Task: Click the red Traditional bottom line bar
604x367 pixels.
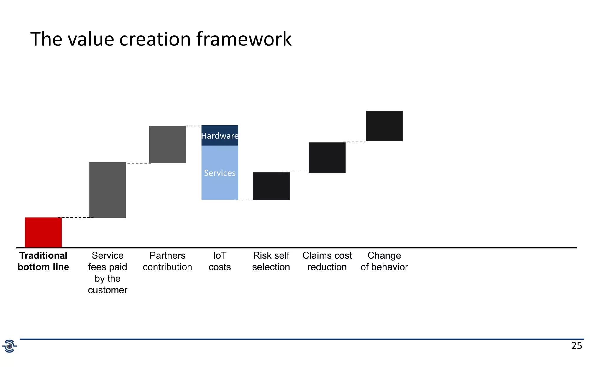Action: coord(43,232)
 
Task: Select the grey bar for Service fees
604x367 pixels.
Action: coord(108,190)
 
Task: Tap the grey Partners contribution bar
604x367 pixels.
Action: coord(167,144)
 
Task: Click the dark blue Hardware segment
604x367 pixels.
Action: coord(220,136)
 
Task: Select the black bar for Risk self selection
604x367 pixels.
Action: coord(271,186)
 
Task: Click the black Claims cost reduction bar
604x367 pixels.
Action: coord(327,157)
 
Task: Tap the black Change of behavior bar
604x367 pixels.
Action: coord(384,126)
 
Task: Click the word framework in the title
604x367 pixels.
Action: coord(244,39)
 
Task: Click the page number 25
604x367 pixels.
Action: coord(577,346)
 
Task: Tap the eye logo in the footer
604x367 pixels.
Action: coord(9,346)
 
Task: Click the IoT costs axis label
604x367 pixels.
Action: coord(220,261)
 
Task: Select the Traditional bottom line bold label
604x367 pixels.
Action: coord(43,261)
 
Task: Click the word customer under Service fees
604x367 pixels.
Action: coord(108,290)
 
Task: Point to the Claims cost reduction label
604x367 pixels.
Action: coord(327,261)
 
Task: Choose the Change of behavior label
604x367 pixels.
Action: coord(384,261)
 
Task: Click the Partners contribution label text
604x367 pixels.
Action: coord(167,261)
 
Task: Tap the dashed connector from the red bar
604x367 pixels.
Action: coord(75,217)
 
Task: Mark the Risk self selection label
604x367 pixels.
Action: coord(271,261)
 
